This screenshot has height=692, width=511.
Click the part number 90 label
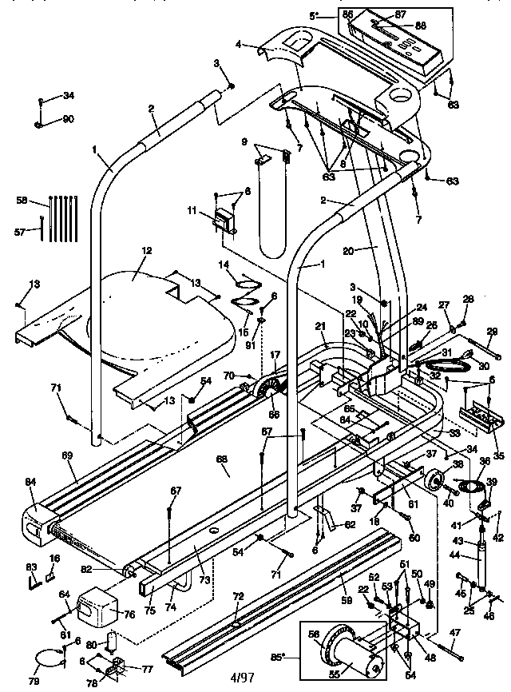pos(68,119)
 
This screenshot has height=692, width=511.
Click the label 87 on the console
pos(401,15)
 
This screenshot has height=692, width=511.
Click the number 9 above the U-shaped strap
pos(246,142)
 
